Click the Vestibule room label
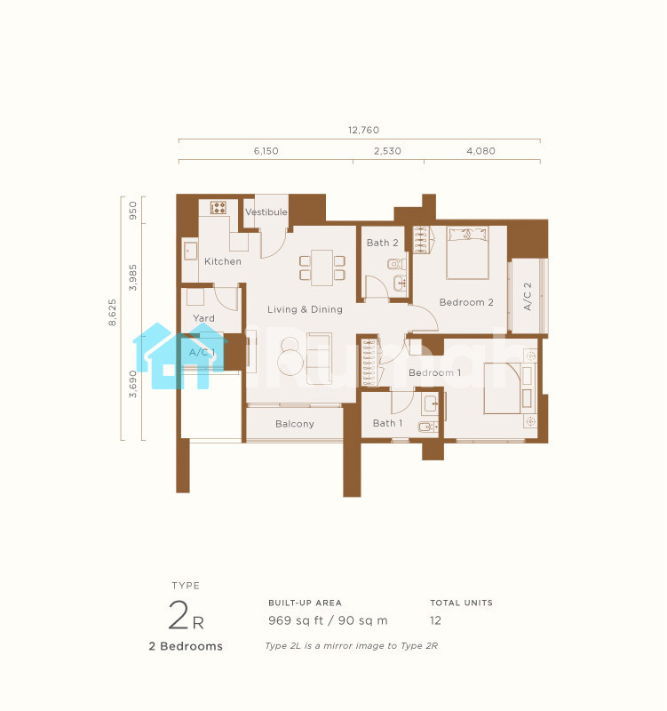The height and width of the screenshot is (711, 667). [266, 212]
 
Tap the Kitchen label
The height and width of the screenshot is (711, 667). [223, 261]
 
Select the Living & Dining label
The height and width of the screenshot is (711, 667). [305, 309]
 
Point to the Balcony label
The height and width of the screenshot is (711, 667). [295, 424]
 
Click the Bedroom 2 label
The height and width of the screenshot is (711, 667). [466, 302]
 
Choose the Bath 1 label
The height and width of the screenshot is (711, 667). [387, 423]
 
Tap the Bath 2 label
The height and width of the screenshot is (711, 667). [383, 243]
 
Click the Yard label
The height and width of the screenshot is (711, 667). [204, 318]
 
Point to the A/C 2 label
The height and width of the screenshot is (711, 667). [528, 297]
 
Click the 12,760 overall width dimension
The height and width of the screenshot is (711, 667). [363, 130]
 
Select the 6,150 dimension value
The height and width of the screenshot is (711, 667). [266, 151]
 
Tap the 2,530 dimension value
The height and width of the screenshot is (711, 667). [387, 151]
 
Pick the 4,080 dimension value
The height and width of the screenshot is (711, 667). [480, 151]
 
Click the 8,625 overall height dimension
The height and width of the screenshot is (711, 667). [113, 313]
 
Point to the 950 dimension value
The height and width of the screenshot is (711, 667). [132, 211]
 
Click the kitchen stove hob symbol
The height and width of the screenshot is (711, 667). [218, 208]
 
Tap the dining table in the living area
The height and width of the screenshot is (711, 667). [322, 268]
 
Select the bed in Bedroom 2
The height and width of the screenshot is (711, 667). [468, 252]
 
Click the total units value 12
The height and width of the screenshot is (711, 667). [435, 620]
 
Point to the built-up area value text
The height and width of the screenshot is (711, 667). [328, 620]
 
